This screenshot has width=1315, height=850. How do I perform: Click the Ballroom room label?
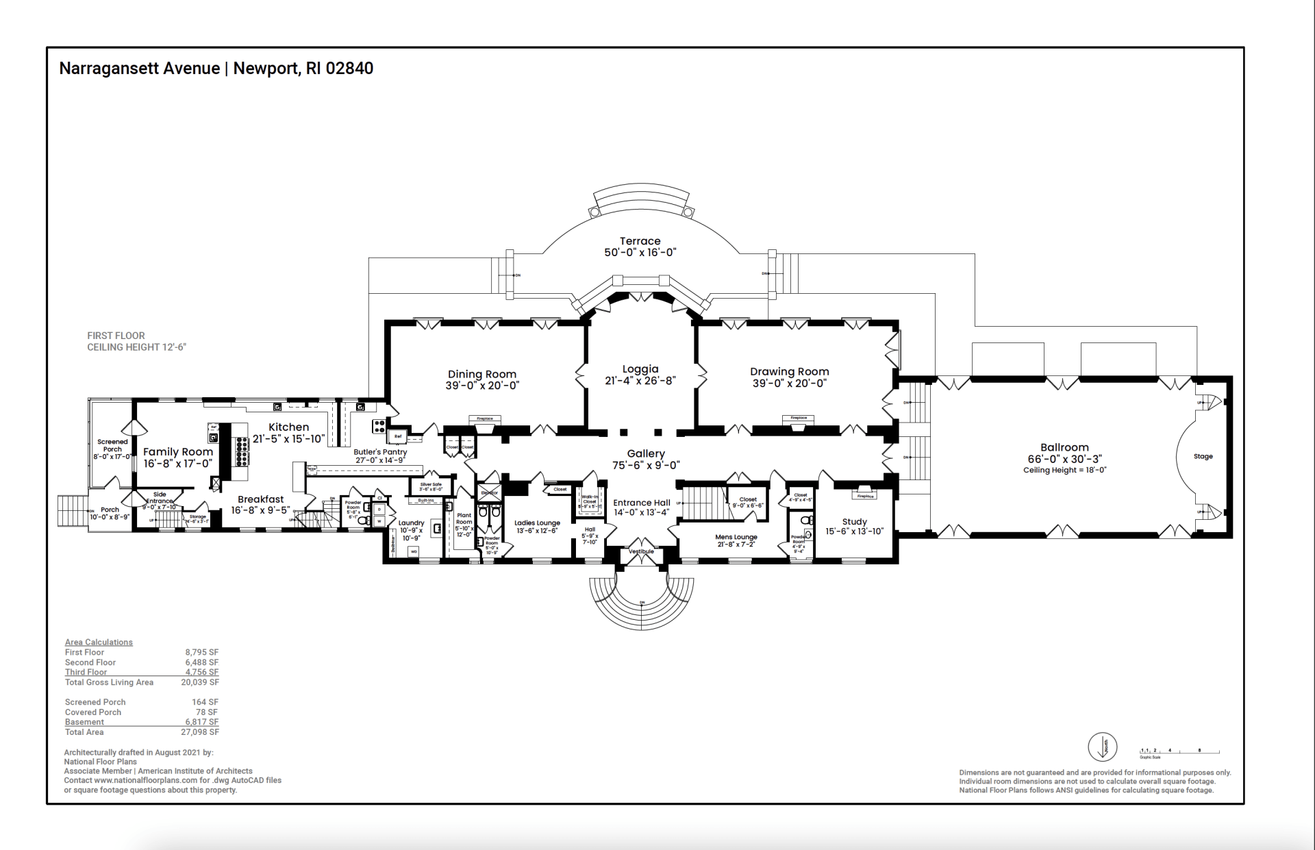point(1064,447)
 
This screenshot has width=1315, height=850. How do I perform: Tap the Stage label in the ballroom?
point(1203,456)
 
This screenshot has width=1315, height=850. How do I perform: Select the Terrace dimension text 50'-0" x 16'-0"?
point(640,253)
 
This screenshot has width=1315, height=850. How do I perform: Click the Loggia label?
point(640,369)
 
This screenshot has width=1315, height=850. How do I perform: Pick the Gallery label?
point(646,453)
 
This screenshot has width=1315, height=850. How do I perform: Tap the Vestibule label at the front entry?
point(642,551)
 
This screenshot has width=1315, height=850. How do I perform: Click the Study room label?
point(854,521)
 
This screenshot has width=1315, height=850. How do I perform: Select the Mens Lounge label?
point(736,537)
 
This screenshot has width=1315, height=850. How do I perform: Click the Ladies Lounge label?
point(537,523)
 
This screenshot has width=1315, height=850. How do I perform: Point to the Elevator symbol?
point(489,493)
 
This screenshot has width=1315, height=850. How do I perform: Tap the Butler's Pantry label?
point(380,452)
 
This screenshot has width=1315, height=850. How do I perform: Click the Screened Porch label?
point(112,445)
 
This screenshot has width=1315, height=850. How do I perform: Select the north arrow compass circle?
point(1103,747)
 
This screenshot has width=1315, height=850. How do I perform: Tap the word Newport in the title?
point(265,68)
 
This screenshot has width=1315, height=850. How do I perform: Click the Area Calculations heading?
point(99,642)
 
